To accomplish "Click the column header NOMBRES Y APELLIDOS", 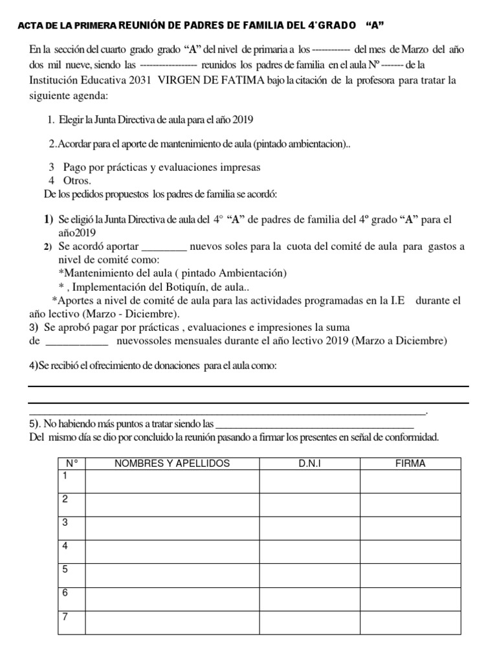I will click(171, 464).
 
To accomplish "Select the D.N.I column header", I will click(309, 464).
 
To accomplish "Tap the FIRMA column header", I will click(410, 464).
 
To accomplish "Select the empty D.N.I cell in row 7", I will click(309, 622).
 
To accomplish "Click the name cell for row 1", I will click(171, 481).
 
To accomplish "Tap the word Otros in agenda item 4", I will click(77, 180).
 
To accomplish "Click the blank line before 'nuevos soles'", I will click(164, 247).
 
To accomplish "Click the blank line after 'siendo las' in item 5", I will click(313, 425).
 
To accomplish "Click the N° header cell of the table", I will click(71, 464).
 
